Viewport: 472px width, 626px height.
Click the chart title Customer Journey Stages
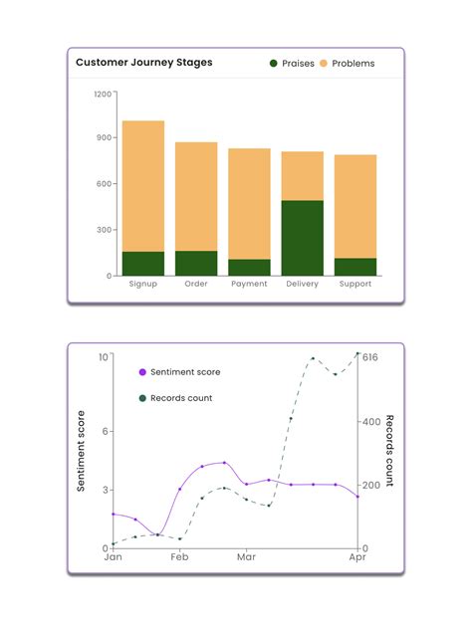pos(143,63)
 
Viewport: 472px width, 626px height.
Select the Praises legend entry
pos(292,64)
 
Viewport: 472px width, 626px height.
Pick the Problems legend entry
pos(347,64)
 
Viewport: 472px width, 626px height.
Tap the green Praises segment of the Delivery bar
pos(302,238)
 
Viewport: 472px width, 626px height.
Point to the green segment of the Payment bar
pos(249,267)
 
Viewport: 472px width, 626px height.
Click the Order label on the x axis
pos(196,285)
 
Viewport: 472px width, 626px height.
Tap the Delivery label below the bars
pos(302,285)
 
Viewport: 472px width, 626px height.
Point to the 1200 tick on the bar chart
pos(104,94)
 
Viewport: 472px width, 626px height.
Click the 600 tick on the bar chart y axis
pos(106,184)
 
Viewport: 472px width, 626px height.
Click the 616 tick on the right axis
pos(371,356)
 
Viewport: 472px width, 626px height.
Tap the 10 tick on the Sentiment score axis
pos(103,356)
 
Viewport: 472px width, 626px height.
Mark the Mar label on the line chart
pos(246,558)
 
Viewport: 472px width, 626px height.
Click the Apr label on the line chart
pos(358,558)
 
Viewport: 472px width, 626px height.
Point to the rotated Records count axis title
pos(390,451)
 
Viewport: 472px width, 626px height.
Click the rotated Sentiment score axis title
pos(81,451)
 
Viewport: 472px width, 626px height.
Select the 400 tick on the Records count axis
pos(372,422)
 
